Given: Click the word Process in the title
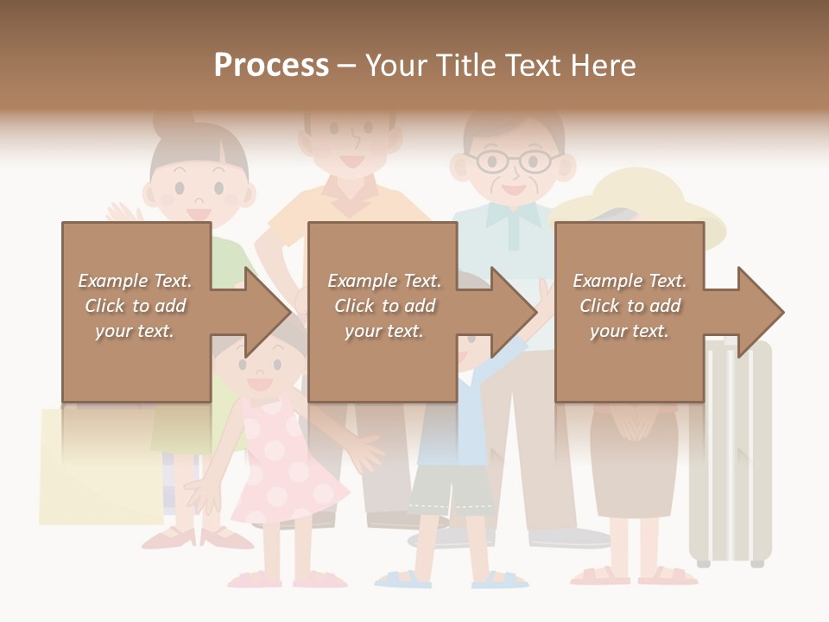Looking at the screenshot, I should [x=271, y=66].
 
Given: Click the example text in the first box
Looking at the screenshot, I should [x=136, y=306].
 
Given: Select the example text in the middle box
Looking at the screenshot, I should [x=383, y=306].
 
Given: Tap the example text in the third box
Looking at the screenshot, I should [x=630, y=306].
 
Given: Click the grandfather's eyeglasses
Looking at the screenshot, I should [x=513, y=161].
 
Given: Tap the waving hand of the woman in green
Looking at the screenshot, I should [x=123, y=213].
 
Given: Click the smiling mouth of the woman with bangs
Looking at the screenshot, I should [x=199, y=213].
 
